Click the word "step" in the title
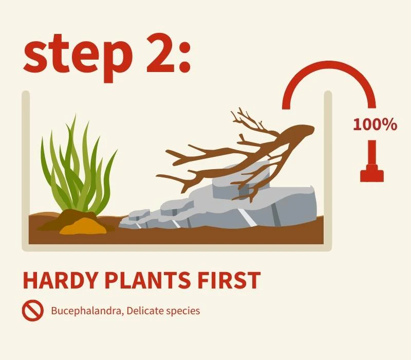tap(78, 57)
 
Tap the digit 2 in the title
tap(160, 52)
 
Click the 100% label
tap(375, 124)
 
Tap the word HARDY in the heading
tap(60, 280)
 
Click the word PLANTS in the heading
tap(148, 280)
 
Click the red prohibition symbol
tap(33, 311)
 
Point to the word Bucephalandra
tap(87, 311)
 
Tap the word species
tap(183, 312)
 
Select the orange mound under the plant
tap(83, 227)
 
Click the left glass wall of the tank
tap(26, 171)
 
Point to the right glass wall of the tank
tap(328, 171)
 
